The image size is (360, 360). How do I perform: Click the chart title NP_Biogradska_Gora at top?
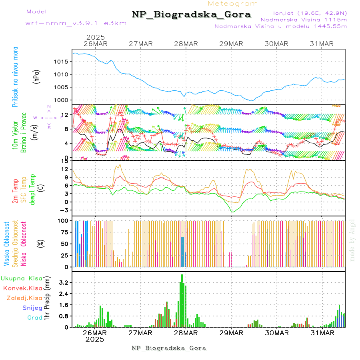191,15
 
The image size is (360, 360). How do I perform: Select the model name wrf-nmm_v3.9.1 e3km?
76,23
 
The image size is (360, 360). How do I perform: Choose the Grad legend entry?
34,318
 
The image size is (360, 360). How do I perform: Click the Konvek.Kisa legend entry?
22,288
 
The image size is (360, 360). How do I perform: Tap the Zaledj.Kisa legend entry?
24,298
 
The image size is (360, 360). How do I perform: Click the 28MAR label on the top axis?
186,44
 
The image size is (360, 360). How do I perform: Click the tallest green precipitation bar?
182,300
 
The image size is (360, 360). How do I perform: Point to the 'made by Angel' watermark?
352,240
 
